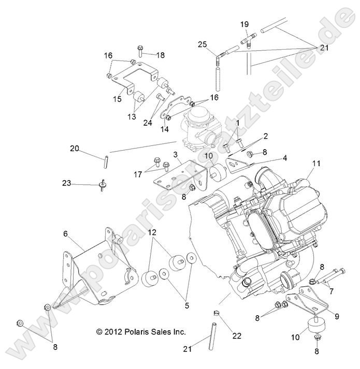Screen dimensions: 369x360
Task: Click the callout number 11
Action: point(316,164)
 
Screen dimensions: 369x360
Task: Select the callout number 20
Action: point(75,149)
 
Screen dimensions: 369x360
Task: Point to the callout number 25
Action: point(203,45)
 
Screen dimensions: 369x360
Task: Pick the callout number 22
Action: point(237,336)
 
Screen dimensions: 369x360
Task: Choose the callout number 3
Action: point(176,154)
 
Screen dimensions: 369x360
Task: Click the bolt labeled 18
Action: point(141,51)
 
